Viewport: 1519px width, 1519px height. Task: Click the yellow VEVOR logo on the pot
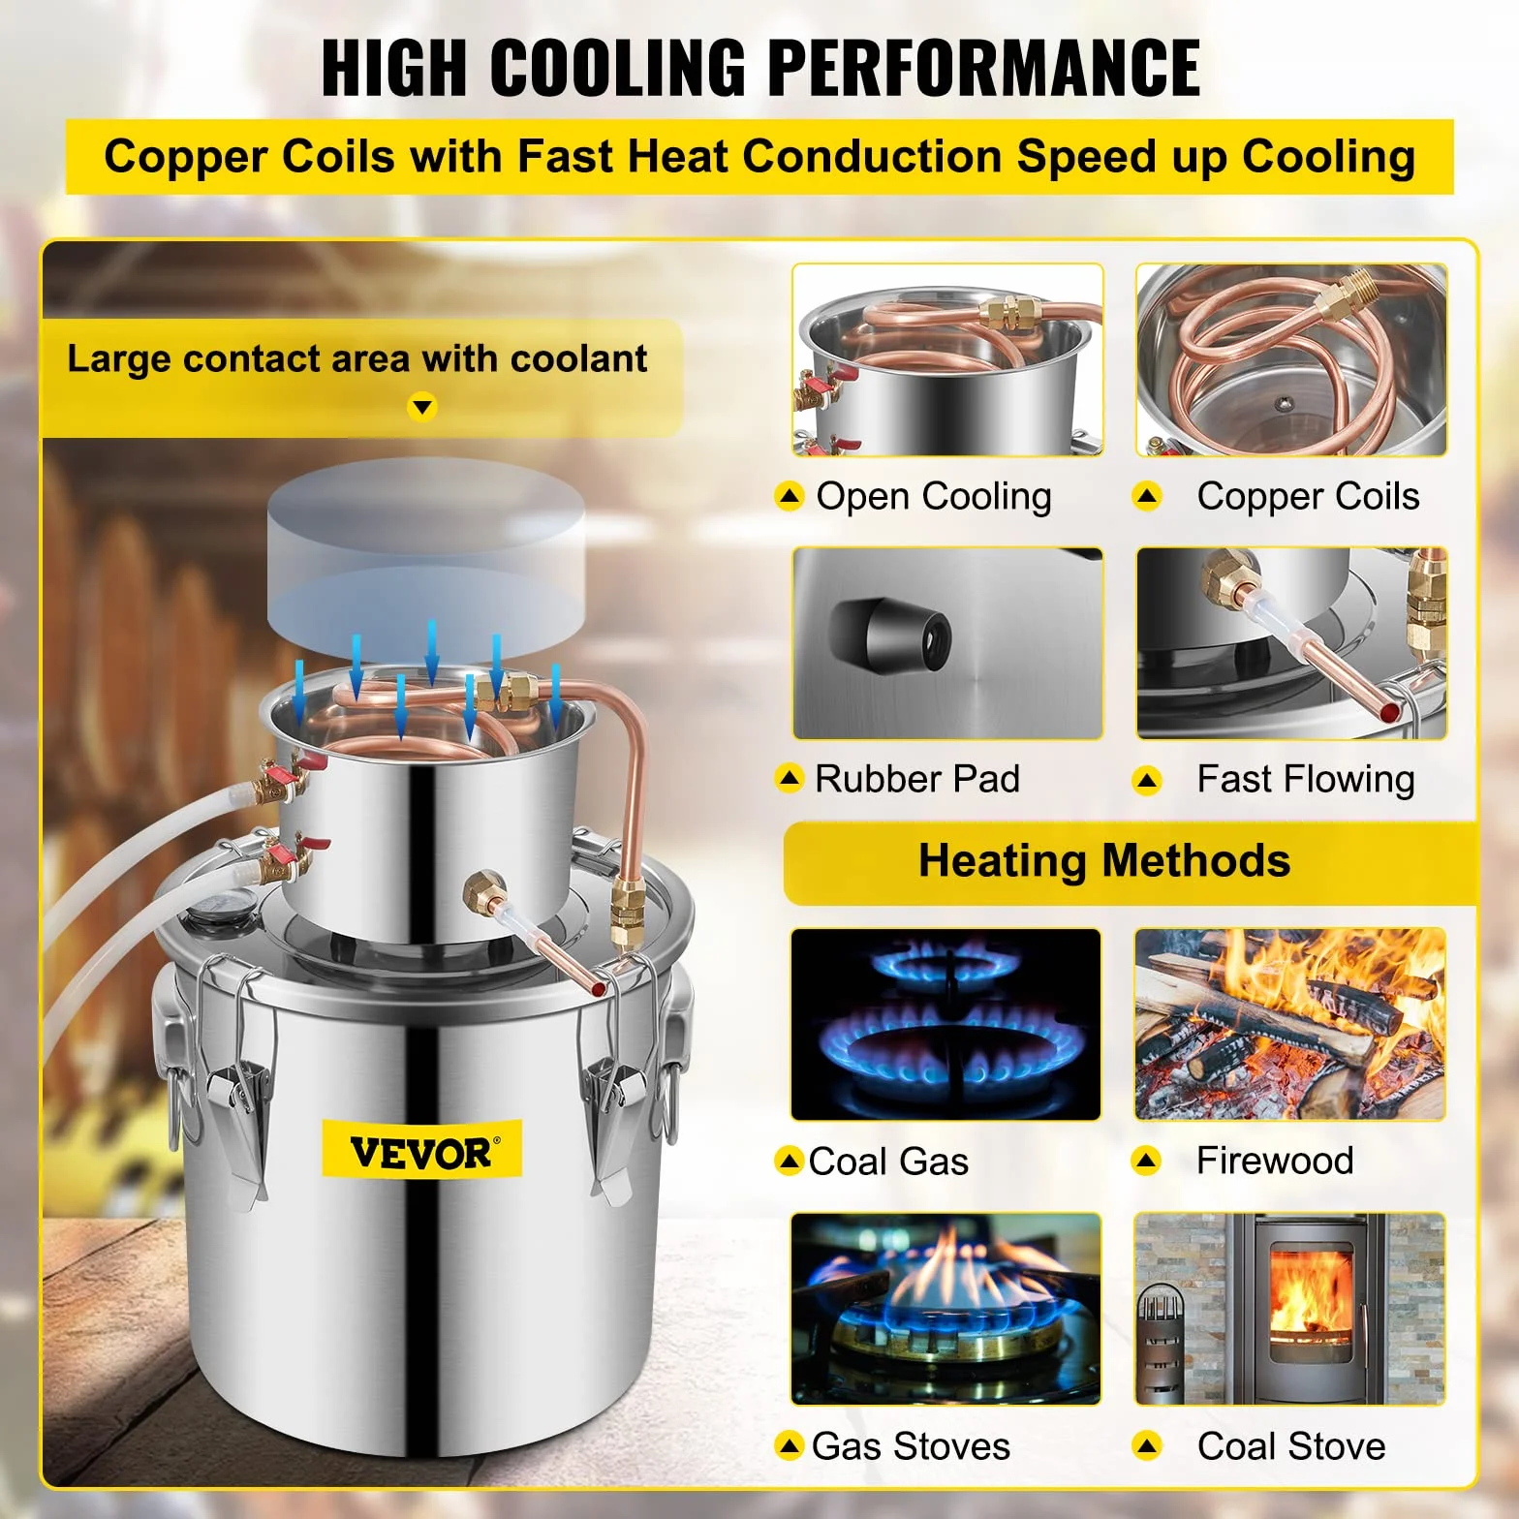click(x=421, y=1150)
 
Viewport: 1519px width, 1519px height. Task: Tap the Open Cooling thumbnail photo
click(x=947, y=359)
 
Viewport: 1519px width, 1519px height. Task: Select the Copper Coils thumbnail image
click(x=1291, y=359)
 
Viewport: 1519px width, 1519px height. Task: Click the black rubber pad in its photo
click(x=890, y=635)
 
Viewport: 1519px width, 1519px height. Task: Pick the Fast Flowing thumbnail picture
click(x=1291, y=643)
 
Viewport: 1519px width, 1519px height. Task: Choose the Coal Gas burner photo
click(x=946, y=1024)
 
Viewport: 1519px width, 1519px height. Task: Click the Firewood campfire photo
click(x=1290, y=1024)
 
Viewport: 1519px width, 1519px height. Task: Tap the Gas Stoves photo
click(x=946, y=1309)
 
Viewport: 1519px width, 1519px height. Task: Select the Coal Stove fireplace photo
click(x=1290, y=1309)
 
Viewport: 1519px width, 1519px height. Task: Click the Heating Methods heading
click(x=1104, y=860)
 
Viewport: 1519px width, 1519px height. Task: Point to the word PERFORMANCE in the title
click(x=984, y=68)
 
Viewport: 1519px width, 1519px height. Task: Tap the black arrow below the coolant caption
click(x=422, y=407)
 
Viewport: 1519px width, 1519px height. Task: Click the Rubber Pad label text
click(x=917, y=779)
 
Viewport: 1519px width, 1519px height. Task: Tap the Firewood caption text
click(x=1275, y=1161)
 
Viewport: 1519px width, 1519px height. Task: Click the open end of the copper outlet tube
click(x=598, y=989)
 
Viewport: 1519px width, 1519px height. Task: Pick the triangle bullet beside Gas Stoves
click(x=790, y=1446)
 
